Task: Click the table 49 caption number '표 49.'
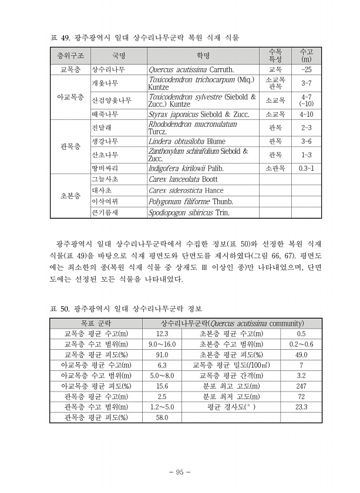tap(59, 38)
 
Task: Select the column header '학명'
tap(203, 56)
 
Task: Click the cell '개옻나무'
tap(105, 83)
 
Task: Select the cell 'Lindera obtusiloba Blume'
tap(187, 141)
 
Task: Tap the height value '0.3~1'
tap(306, 168)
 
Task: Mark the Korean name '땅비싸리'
tap(105, 168)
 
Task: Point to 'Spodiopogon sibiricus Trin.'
tap(189, 212)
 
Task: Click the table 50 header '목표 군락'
tap(95, 323)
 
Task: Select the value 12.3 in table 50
tap(162, 333)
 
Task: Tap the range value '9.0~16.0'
tap(162, 344)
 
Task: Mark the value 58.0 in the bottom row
tap(162, 417)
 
